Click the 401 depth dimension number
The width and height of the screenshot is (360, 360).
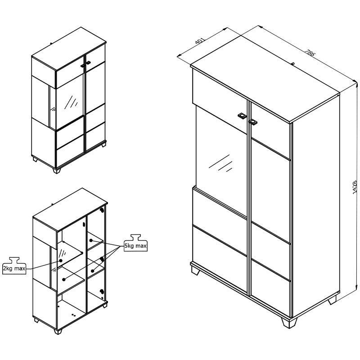click(x=200, y=40)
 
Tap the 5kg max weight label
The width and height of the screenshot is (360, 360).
click(x=136, y=246)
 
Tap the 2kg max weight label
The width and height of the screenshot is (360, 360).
click(x=14, y=268)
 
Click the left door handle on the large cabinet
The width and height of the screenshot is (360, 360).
click(x=242, y=116)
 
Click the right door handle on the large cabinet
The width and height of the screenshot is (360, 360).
click(x=253, y=122)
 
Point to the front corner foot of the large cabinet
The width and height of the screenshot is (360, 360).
click(x=289, y=322)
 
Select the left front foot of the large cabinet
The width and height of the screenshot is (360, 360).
click(x=195, y=271)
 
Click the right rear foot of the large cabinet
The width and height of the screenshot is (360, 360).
click(x=332, y=300)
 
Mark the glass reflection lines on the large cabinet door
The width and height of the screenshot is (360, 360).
click(x=220, y=163)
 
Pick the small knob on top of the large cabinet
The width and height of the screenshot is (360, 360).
click(x=293, y=63)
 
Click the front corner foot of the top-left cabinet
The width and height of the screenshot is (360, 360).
click(x=57, y=171)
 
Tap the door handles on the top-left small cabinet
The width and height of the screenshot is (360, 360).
click(x=85, y=64)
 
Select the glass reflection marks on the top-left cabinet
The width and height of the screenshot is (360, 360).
click(x=71, y=102)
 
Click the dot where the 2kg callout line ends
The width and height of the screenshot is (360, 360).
click(x=61, y=261)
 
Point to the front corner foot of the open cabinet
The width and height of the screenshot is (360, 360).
click(x=58, y=331)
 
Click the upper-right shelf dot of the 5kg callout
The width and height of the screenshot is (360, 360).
click(x=91, y=240)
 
